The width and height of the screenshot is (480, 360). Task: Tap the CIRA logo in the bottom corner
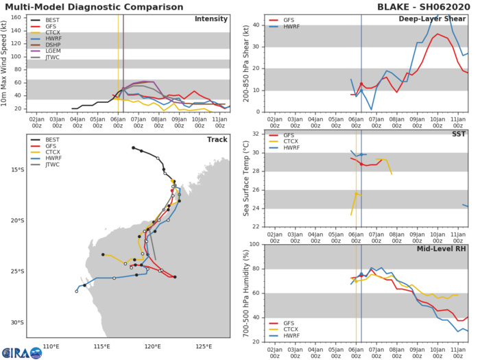coord(21,352)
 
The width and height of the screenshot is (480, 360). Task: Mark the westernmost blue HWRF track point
coord(77,291)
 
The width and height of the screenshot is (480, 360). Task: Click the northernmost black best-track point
coord(133,147)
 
